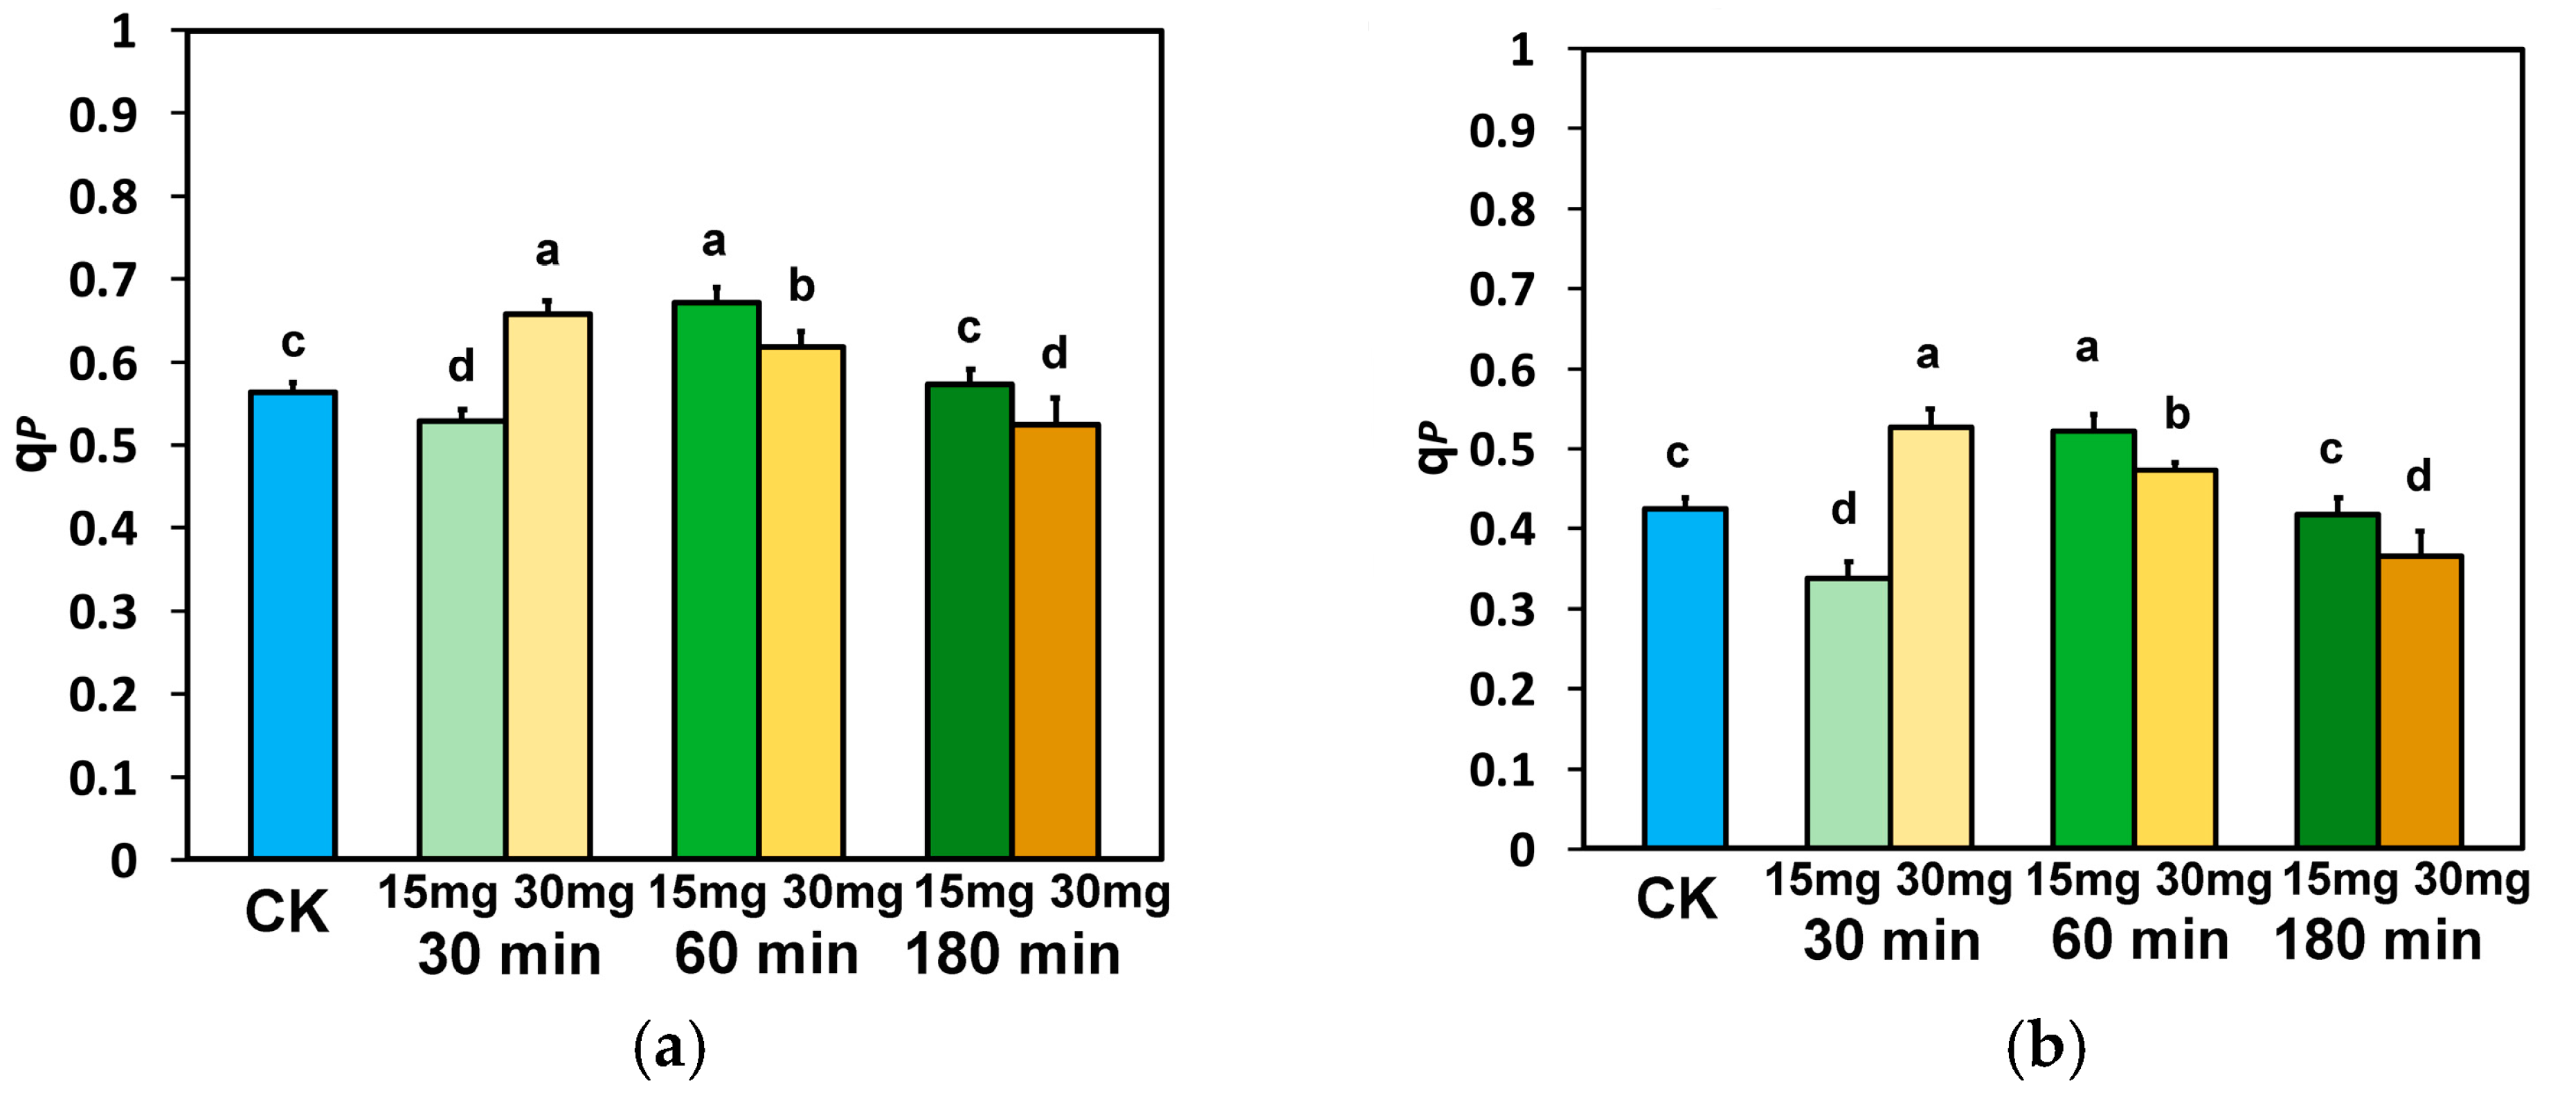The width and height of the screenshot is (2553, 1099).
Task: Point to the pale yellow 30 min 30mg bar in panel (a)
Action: (x=548, y=585)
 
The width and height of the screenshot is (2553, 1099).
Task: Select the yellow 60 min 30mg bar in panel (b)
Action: (x=2176, y=658)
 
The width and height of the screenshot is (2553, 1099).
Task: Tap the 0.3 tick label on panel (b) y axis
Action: (x=1502, y=610)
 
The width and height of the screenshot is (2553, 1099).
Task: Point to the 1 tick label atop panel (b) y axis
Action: (x=1522, y=50)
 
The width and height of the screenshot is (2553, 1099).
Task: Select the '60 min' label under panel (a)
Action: (x=766, y=955)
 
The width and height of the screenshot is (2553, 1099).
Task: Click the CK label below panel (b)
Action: (x=1676, y=900)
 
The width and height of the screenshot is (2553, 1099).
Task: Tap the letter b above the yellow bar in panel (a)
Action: (x=802, y=287)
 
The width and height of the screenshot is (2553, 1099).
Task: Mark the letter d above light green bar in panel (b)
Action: (x=1843, y=509)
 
